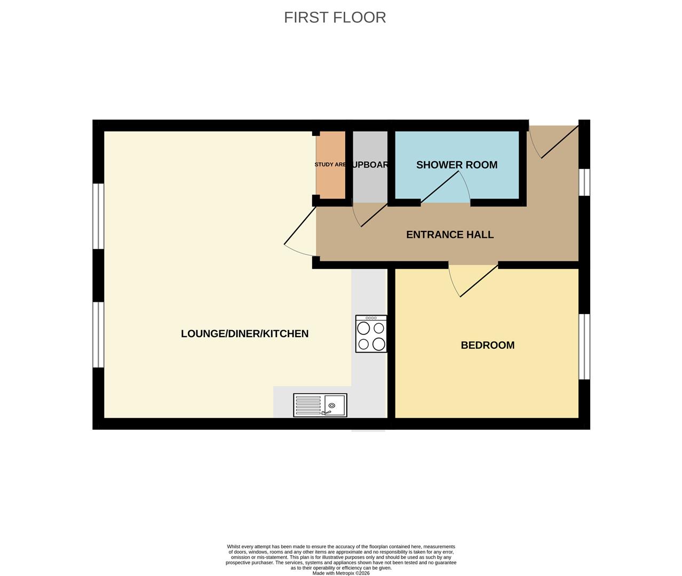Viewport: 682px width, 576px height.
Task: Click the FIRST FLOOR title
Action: click(335, 18)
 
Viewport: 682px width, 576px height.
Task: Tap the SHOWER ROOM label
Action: click(456, 165)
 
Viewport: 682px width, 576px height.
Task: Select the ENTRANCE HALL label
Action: click(449, 235)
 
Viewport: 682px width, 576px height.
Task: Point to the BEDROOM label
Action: click(487, 345)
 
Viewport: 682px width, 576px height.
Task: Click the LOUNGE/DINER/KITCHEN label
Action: click(244, 334)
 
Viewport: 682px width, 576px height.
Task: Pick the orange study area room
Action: click(331, 165)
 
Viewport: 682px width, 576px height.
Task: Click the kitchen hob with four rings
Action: click(371, 334)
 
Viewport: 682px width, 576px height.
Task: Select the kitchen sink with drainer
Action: click(320, 405)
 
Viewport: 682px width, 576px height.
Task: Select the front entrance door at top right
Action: click(555, 141)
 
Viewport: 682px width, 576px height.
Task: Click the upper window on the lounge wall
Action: click(98, 216)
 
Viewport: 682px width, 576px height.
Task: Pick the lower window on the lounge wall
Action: click(98, 334)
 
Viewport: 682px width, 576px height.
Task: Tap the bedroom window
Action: click(584, 346)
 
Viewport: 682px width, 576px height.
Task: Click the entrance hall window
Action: click(584, 182)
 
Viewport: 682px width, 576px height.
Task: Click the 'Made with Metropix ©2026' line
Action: click(340, 573)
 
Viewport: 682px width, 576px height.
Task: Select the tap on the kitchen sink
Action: click(327, 411)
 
